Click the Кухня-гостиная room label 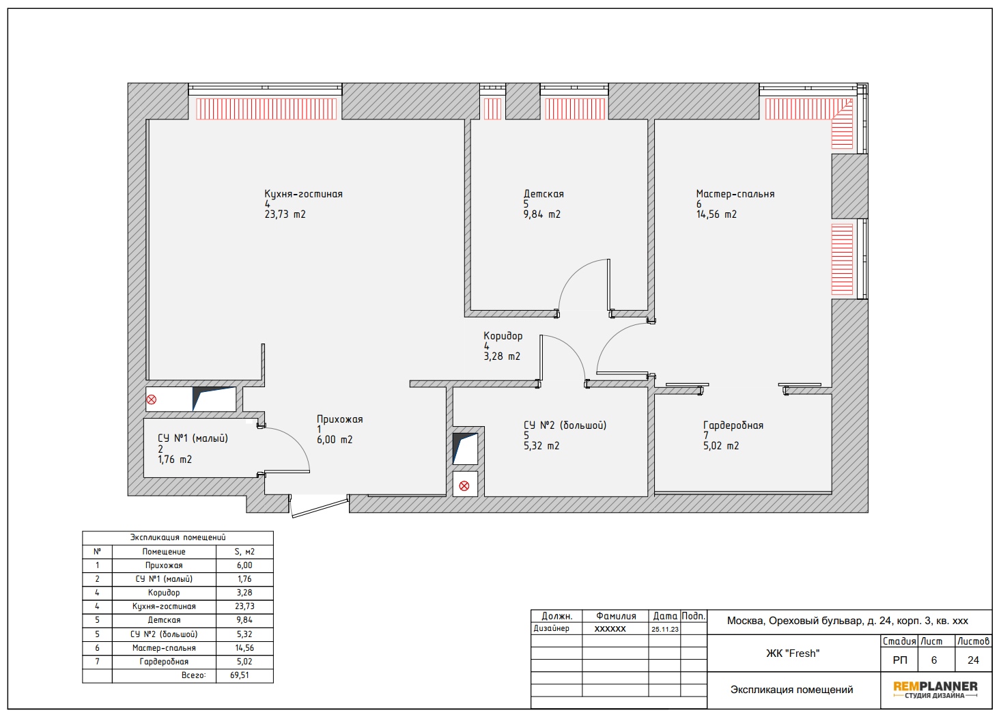coord(303,194)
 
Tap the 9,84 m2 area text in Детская coord(542,214)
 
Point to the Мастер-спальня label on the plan coord(735,194)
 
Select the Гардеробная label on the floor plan coord(733,425)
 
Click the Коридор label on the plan coord(503,336)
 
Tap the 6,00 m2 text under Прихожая coord(335,440)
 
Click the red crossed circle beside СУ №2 coord(464,486)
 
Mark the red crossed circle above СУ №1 coord(152,399)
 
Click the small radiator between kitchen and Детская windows coord(492,109)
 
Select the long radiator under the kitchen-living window coord(266,109)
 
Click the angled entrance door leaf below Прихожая coord(320,507)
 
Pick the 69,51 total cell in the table coord(240,675)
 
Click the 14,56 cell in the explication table coord(244,648)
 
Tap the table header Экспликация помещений coord(178,538)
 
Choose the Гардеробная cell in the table coord(164,662)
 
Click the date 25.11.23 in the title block coord(665,630)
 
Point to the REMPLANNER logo coord(935,690)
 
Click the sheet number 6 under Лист coord(934,661)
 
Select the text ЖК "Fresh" coord(793,653)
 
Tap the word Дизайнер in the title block coord(552,628)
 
